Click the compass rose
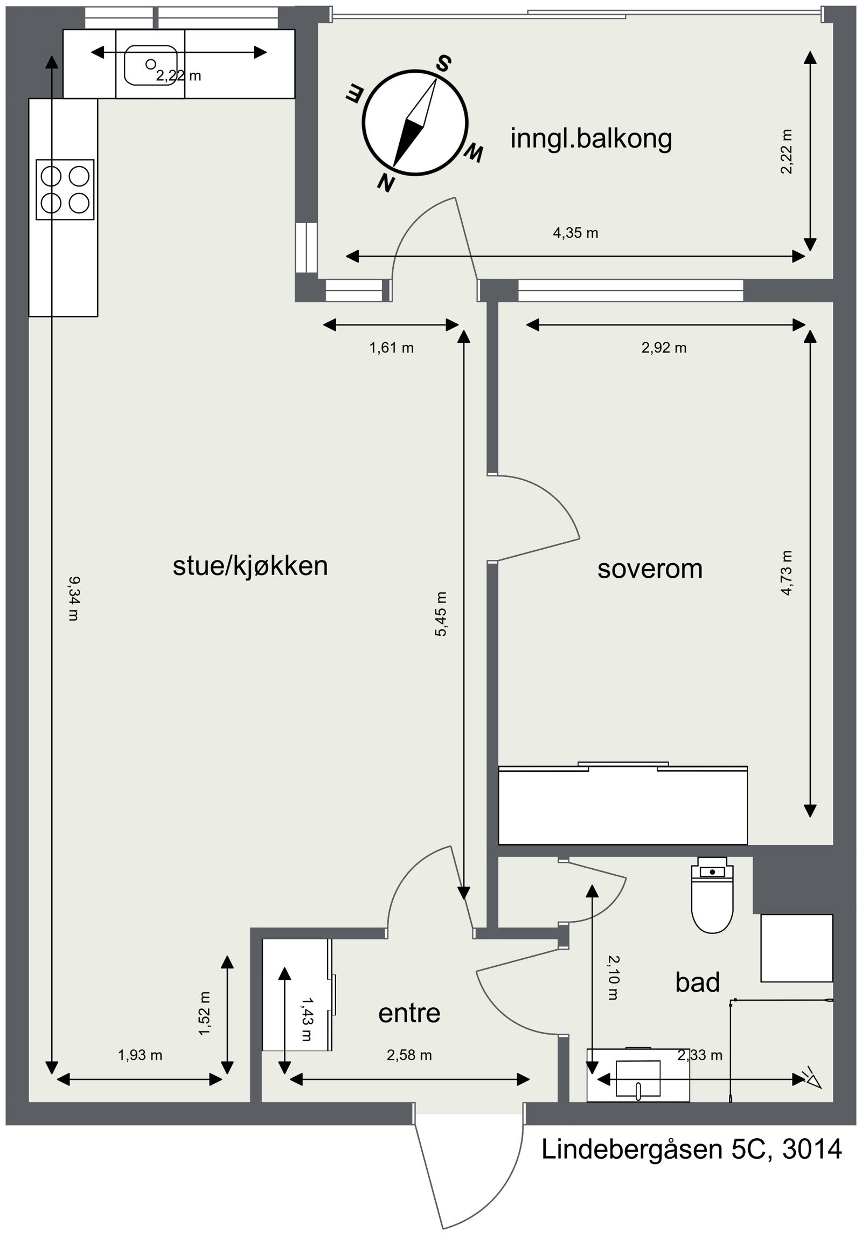coord(414,122)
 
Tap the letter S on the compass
coord(443,64)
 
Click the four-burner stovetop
coord(65,189)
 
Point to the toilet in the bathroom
coord(712,894)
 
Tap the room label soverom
coord(650,569)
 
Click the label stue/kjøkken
coord(251,566)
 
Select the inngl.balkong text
coord(590,139)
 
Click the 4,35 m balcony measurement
coord(575,233)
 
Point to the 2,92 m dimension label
coord(664,348)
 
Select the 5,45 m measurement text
coord(441,613)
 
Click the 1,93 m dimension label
coord(140,1055)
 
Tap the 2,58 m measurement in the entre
coord(409,1055)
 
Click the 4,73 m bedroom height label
coord(787,572)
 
